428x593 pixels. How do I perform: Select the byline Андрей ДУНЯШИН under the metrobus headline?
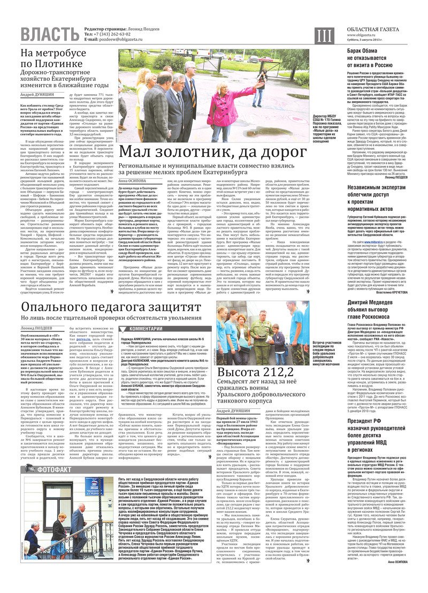point(37,94)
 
